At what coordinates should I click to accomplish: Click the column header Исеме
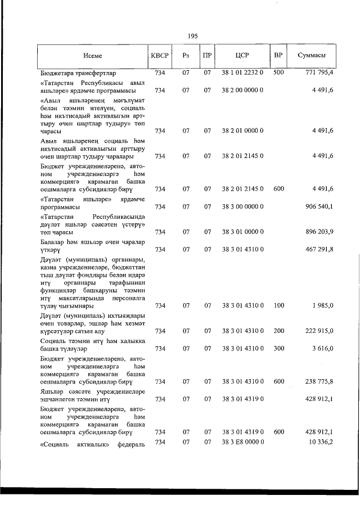coord(92,56)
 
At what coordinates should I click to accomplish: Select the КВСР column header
coord(159,56)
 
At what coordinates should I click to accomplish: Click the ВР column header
coord(277,56)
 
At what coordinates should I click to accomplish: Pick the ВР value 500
coord(278,73)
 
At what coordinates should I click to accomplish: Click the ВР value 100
coord(278,305)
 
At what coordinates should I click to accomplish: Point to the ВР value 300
coord(278,348)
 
